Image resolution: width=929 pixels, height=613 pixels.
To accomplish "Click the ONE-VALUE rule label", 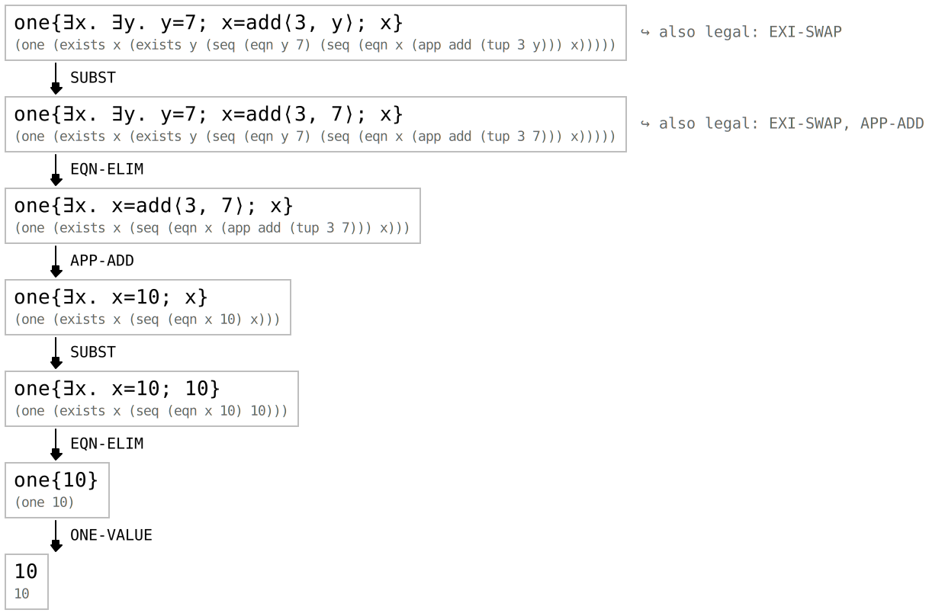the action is [111, 535].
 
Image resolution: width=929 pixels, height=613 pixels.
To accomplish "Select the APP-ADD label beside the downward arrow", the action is [102, 261].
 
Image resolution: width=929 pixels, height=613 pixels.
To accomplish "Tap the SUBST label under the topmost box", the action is [93, 78].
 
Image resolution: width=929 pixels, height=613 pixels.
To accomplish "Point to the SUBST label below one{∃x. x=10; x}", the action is [93, 352].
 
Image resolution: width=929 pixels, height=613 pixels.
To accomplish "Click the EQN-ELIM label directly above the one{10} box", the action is [107, 444].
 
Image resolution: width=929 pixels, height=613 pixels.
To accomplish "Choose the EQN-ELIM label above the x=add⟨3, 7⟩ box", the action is [107, 169].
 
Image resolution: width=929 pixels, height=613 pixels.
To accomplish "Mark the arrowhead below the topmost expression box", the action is [56, 88].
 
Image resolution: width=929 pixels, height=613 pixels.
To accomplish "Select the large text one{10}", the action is [56, 480].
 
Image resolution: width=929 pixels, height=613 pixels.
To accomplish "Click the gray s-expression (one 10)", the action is [44, 502].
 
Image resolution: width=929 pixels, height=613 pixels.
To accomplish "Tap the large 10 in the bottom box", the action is [26, 572].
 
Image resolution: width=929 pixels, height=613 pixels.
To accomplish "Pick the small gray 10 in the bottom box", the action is [21, 593].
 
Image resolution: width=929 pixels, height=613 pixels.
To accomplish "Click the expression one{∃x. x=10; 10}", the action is [117, 388].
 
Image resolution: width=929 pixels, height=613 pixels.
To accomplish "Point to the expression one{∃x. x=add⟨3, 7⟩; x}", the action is [153, 206].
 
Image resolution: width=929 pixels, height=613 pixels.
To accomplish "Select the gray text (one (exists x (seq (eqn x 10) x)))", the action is [147, 319].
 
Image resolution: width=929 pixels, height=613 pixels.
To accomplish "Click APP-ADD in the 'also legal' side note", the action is [892, 124].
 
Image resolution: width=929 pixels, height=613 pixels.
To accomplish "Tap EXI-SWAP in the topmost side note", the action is [805, 32].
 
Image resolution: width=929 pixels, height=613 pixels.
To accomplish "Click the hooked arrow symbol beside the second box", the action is [645, 124].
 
